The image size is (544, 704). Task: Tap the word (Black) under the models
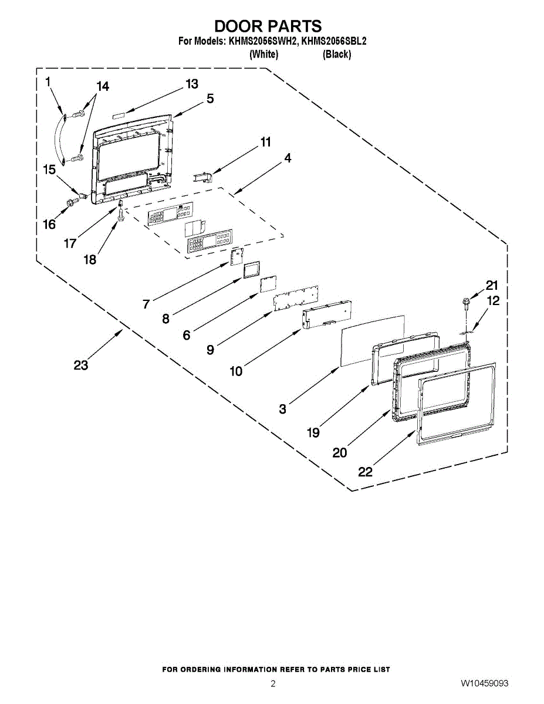click(337, 55)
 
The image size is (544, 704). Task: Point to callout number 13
click(192, 84)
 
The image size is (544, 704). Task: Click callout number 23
click(81, 365)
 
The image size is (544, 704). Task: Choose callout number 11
click(266, 142)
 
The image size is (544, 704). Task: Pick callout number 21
click(492, 286)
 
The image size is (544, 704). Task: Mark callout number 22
click(365, 471)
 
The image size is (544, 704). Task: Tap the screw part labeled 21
click(466, 303)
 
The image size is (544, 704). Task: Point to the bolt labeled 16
click(71, 203)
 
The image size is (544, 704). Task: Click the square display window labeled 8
click(252, 269)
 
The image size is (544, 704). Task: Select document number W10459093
click(484, 683)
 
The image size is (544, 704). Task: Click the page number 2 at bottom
click(273, 683)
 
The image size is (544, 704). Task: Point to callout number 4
click(288, 158)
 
